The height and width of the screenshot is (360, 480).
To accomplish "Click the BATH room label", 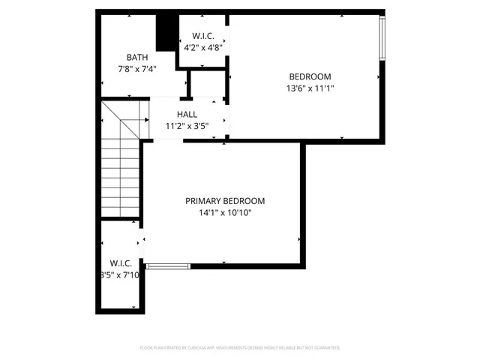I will point(137,57).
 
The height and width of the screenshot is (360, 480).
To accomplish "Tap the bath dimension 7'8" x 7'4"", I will point(137,69).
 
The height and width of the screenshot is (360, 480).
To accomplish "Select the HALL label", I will point(187,114).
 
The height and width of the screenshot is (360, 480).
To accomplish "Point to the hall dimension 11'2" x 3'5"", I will point(187,126).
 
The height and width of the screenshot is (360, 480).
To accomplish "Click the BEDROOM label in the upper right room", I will point(310,76).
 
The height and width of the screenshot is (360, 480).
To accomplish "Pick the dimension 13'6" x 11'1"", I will point(310,88).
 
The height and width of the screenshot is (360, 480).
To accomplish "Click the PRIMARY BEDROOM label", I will point(225,200).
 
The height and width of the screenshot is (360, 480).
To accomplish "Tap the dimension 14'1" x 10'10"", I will point(225,212).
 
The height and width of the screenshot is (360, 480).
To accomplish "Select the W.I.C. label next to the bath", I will point(203,36).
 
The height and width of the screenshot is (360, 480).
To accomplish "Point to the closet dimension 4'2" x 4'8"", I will point(203,48).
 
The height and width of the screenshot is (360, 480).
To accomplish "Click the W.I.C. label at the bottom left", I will point(121,263).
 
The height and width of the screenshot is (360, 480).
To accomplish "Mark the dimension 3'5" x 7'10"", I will point(121,275).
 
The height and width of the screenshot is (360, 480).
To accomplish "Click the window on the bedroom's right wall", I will point(382,39).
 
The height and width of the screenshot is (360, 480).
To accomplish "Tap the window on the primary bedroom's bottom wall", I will point(168,265).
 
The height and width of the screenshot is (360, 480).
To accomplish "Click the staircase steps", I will point(120,180).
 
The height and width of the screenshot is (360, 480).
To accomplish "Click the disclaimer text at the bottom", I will point(240,348).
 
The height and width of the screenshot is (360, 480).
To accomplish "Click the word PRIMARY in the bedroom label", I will point(205,200).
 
